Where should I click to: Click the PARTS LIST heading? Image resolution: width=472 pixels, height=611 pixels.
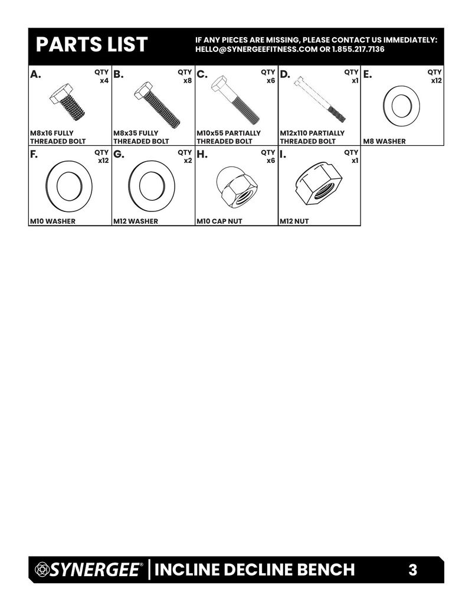tap(91, 44)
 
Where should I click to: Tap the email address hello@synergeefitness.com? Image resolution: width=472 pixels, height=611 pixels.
tap(256, 49)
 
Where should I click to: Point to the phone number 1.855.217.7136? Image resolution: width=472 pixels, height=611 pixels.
tap(358, 49)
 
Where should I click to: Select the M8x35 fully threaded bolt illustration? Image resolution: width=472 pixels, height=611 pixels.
tap(157, 104)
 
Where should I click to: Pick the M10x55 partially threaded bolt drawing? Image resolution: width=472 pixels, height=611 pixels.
tap(235, 100)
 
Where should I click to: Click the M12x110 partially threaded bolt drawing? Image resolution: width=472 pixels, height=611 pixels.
tap(320, 99)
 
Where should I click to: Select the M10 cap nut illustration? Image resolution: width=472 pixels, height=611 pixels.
tap(237, 187)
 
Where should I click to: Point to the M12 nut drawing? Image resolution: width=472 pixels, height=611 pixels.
tap(319, 184)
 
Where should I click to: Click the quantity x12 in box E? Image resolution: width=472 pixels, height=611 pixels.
tap(436, 81)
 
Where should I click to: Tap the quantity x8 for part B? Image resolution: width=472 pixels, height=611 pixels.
tap(188, 81)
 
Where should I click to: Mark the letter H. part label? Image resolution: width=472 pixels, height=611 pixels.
tap(202, 155)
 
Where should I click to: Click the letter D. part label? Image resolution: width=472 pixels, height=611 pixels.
tap(285, 74)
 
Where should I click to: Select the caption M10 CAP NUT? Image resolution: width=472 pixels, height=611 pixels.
tap(219, 221)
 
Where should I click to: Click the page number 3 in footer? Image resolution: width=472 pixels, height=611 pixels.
tap(412, 570)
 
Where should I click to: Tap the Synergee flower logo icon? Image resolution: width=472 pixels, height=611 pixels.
tap(41, 569)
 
